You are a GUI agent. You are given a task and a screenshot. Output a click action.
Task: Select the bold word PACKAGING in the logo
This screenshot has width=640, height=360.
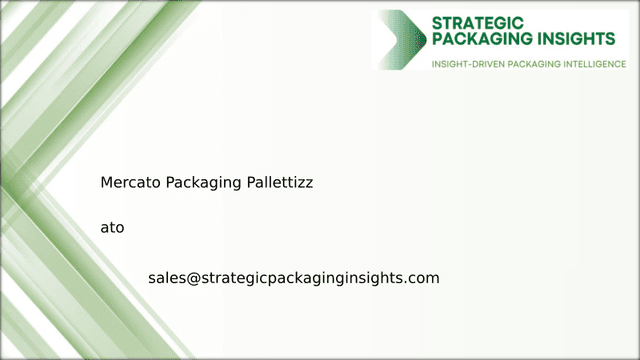click(483, 40)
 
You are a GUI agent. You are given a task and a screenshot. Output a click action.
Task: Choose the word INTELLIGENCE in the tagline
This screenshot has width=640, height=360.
click(594, 63)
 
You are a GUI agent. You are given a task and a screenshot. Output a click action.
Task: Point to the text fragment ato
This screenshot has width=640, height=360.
click(112, 227)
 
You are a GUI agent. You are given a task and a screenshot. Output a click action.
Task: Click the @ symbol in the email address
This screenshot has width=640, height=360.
click(194, 278)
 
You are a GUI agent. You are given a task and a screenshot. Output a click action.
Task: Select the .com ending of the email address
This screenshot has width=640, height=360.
click(423, 277)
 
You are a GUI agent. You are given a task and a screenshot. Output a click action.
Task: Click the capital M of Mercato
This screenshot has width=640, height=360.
click(107, 183)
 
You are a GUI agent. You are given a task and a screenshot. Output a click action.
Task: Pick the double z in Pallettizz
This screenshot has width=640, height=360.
click(305, 184)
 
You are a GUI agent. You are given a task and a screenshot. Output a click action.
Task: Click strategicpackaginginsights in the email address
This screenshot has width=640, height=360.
click(302, 278)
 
